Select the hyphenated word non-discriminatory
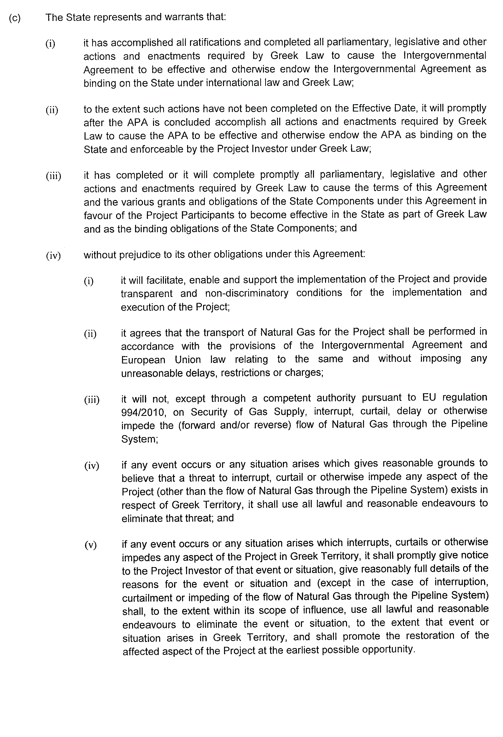[247, 293]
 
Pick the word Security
[209, 412]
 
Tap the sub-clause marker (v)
[90, 545]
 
